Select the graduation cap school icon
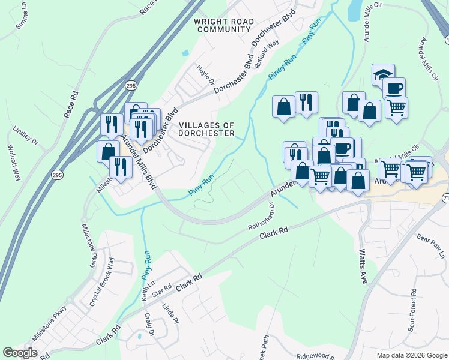click(383, 74)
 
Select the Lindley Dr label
click(26, 136)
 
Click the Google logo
click(20, 353)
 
